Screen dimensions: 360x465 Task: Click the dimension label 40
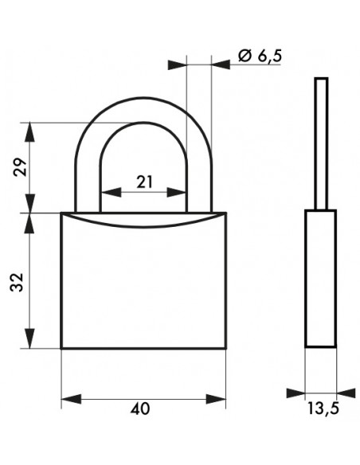[x=140, y=409]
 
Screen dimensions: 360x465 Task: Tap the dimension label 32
[x=17, y=282]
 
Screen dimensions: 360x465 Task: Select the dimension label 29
[x=20, y=167]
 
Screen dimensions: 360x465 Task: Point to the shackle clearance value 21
[x=144, y=182]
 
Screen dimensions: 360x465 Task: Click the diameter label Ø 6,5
[x=260, y=56]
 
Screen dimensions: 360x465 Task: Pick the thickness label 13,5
[x=323, y=408]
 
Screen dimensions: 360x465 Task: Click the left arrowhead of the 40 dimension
[x=71, y=399]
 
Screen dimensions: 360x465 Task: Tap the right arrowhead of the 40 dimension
[x=216, y=399]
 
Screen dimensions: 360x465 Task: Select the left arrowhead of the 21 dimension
[x=112, y=192]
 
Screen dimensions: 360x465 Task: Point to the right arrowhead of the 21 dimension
[x=177, y=192]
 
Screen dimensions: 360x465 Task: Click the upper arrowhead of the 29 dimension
[x=29, y=132]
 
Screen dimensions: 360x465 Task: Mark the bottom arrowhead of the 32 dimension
[x=29, y=338]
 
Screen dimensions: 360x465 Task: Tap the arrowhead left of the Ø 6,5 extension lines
[x=177, y=64]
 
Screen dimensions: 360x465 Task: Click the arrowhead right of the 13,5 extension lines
[x=346, y=393]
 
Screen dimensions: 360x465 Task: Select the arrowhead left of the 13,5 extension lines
[x=295, y=393]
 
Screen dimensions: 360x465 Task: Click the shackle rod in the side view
[x=321, y=144]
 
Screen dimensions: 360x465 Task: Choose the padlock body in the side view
[x=320, y=279]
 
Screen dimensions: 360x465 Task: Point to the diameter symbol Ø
[x=245, y=56]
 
